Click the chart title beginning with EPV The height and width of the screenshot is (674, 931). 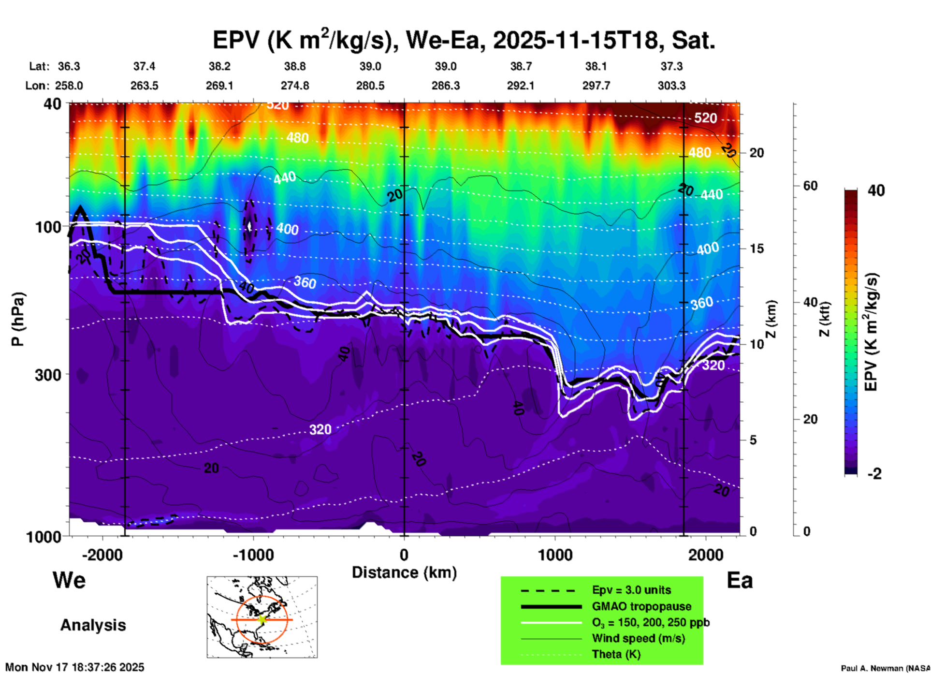(464, 40)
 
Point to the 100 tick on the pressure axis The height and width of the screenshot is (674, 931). (48, 227)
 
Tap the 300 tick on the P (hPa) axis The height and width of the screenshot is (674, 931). (48, 375)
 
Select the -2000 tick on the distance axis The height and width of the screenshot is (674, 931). (102, 555)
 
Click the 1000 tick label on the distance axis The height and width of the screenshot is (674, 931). (555, 555)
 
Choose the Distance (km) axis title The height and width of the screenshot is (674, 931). (404, 572)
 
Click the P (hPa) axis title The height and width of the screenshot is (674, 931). (18, 319)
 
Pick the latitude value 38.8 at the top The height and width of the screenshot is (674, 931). (294, 66)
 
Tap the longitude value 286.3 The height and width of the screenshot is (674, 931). (445, 86)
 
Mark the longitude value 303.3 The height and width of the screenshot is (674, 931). (671, 86)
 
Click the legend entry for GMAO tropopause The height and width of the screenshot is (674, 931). (641, 606)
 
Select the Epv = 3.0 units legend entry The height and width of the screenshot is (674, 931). (631, 590)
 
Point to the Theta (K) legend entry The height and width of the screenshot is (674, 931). (616, 654)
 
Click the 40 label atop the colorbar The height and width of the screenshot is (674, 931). (876, 190)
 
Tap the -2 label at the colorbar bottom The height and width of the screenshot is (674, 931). (874, 474)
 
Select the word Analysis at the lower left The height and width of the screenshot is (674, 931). (93, 625)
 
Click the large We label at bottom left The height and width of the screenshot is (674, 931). (69, 580)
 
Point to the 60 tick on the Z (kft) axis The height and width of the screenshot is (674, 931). (810, 186)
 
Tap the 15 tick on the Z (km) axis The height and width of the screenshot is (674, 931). (756, 249)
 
